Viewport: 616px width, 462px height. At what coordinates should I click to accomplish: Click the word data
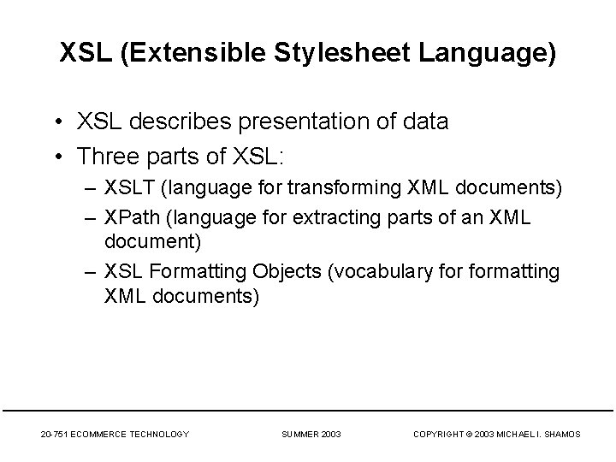(x=423, y=122)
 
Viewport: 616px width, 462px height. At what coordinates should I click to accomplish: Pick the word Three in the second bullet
(x=103, y=157)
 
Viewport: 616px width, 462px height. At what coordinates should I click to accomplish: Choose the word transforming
(x=325, y=188)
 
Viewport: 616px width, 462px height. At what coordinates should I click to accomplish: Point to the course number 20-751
(x=56, y=435)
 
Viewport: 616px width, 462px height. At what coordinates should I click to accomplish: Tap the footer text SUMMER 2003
(x=311, y=435)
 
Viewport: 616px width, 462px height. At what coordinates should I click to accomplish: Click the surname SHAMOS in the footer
(x=562, y=435)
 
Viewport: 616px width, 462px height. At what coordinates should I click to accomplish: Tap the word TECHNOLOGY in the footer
(x=163, y=435)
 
